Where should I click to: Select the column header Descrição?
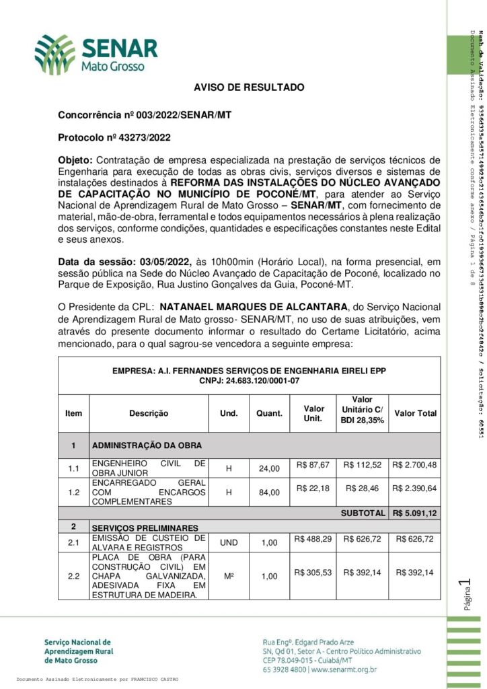point(149,413)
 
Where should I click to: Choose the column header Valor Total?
point(415,413)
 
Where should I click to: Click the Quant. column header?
point(269,413)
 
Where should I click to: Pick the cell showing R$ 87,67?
point(313,464)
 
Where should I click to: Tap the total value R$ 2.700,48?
point(415,464)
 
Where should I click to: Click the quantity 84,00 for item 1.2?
point(269,492)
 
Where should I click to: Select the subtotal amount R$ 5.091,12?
point(415,513)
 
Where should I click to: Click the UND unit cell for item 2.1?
point(229,542)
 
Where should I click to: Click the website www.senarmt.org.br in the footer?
point(343,670)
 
